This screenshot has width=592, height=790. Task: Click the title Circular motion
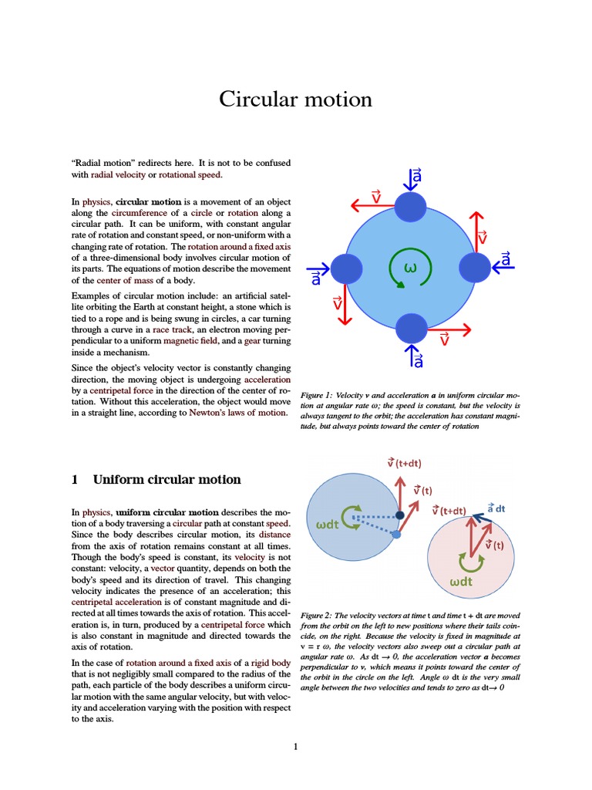tap(295, 100)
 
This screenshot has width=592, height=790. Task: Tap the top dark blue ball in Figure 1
tap(410, 206)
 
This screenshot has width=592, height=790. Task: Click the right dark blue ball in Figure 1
tap(474, 267)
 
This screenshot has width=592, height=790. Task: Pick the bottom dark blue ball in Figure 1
tap(410, 328)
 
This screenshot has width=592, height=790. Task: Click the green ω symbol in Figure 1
tap(410, 268)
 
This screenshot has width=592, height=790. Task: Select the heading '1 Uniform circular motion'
tap(156, 479)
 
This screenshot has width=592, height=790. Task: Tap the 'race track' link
tap(172, 329)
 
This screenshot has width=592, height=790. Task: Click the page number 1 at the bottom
tap(295, 746)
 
